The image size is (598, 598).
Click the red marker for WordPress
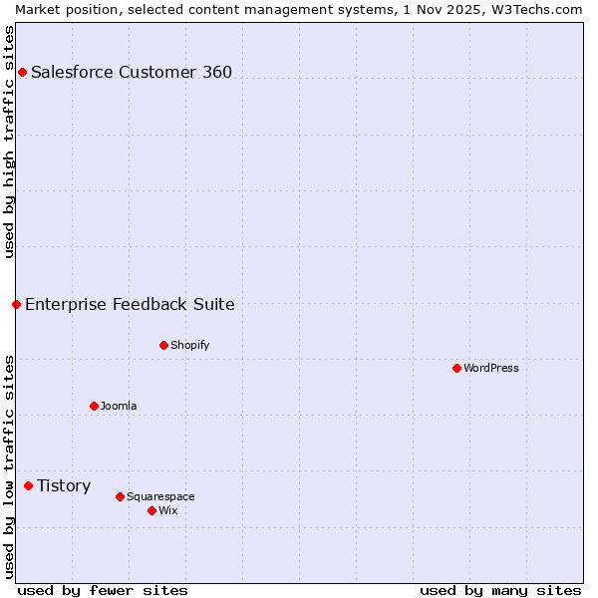pyautogui.click(x=456, y=368)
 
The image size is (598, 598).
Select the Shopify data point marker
pyautogui.click(x=163, y=345)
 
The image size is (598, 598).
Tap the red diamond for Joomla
pyautogui.click(x=94, y=406)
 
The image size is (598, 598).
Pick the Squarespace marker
pyautogui.click(x=120, y=496)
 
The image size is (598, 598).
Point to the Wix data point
pyautogui.click(x=151, y=510)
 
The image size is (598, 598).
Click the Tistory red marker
pyautogui.click(x=28, y=485)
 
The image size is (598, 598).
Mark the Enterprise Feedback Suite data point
pyautogui.click(x=16, y=304)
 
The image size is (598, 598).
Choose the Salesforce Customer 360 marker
pyautogui.click(x=22, y=72)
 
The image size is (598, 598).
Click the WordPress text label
pyautogui.click(x=491, y=368)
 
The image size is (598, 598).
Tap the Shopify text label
pyautogui.click(x=189, y=345)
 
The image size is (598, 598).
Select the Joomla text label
pyautogui.click(x=119, y=406)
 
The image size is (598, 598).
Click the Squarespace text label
pyautogui.click(x=160, y=496)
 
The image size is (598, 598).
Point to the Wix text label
pyautogui.click(x=168, y=510)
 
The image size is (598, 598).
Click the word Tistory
pyautogui.click(x=64, y=485)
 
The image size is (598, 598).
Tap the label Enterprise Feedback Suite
pyautogui.click(x=130, y=304)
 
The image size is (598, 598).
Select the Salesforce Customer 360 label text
pyautogui.click(x=132, y=72)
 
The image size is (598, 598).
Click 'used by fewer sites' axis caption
pyautogui.click(x=103, y=590)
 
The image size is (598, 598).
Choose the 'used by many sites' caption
pyautogui.click(x=500, y=590)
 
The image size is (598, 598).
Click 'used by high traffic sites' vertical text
pyautogui.click(x=9, y=142)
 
